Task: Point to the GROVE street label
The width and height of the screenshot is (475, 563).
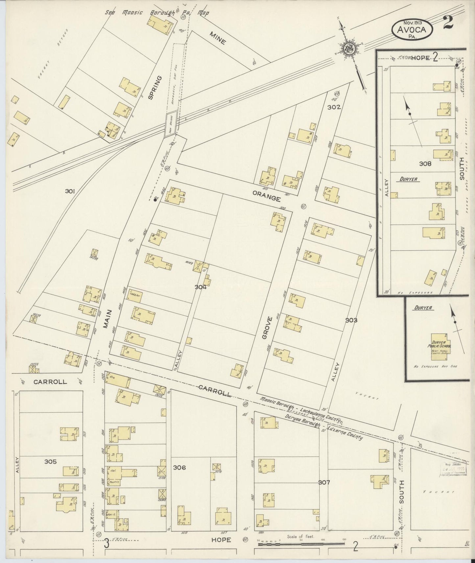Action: coord(266,327)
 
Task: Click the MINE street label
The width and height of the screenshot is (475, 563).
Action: coord(218,37)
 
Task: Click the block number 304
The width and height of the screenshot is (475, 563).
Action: coord(200,287)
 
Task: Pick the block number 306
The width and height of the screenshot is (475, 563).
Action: coord(179,467)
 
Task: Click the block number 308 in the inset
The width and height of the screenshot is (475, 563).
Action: coord(425,163)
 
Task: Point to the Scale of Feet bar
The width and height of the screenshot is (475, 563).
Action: coord(301,544)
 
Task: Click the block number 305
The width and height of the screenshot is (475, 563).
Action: coord(50,462)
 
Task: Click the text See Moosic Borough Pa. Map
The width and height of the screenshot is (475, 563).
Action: coord(157,13)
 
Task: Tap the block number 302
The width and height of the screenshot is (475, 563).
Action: coord(334,107)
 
